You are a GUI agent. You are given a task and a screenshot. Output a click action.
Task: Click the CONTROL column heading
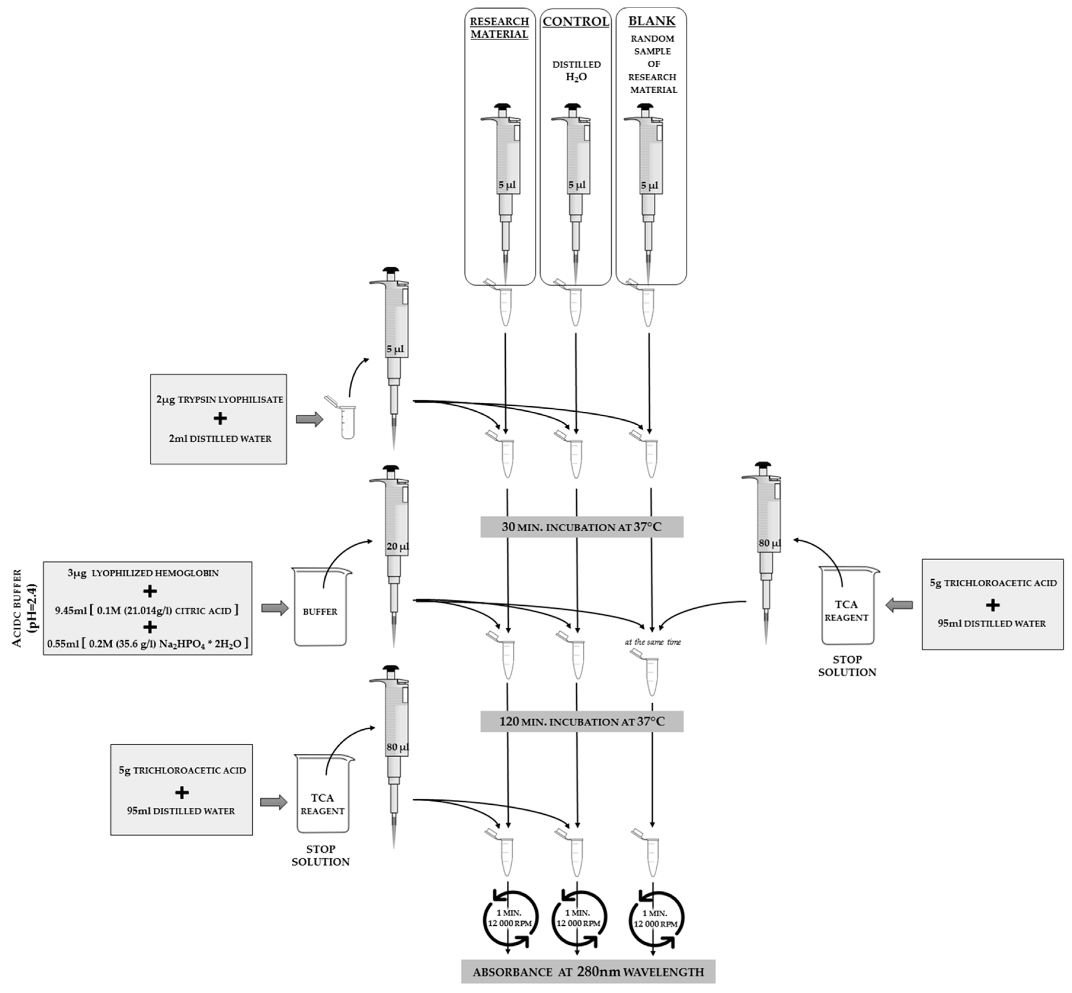576,22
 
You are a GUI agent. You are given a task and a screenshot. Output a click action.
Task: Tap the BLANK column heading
651,22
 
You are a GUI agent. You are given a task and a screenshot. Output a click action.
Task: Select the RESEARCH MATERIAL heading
499,28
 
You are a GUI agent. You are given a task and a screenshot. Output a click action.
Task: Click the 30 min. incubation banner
581,527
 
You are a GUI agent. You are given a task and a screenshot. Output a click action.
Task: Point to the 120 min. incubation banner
581,722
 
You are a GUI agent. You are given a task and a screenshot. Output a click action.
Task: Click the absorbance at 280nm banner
588,971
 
